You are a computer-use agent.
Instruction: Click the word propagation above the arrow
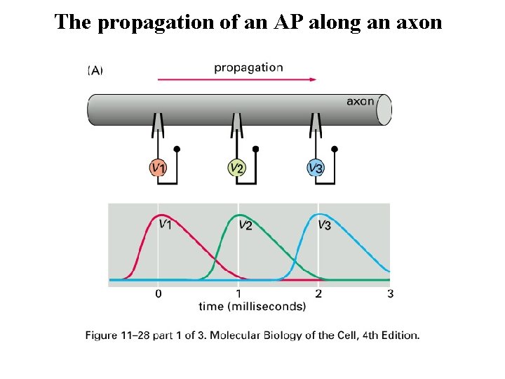(248, 68)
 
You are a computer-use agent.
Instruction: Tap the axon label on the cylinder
(360, 101)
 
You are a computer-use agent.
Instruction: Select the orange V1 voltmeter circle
(159, 168)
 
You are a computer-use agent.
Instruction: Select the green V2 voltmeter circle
(237, 168)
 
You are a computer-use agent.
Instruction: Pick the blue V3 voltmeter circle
(316, 168)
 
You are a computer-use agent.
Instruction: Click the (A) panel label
(95, 69)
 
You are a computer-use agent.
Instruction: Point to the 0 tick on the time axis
(159, 293)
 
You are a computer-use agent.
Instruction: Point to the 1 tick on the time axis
(238, 293)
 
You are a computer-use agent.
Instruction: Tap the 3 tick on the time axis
(390, 293)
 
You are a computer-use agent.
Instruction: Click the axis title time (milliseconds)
(252, 306)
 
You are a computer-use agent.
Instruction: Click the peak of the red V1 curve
(161, 215)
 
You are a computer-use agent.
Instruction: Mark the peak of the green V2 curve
(241, 215)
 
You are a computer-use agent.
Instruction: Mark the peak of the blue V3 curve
(320, 214)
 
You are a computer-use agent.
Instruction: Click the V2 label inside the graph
(246, 225)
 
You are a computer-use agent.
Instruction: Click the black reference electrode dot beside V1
(177, 149)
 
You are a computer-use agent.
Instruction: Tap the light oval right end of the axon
(384, 111)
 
